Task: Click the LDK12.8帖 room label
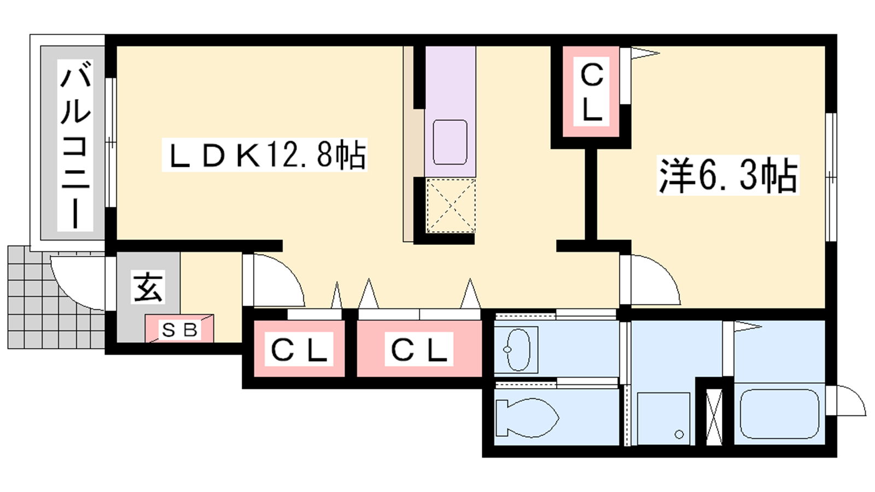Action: [265, 155]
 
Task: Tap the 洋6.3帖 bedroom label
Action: [727, 175]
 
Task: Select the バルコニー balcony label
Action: [75, 145]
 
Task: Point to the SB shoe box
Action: [179, 330]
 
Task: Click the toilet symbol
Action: [527, 418]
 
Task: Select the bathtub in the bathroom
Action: [779, 414]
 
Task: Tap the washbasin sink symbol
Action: [516, 349]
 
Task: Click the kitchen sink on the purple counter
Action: [450, 142]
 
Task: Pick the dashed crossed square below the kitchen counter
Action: [451, 206]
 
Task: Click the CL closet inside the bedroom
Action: [592, 92]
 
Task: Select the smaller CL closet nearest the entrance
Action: [299, 349]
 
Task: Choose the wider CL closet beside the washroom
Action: [419, 349]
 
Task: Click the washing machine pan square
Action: [663, 419]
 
